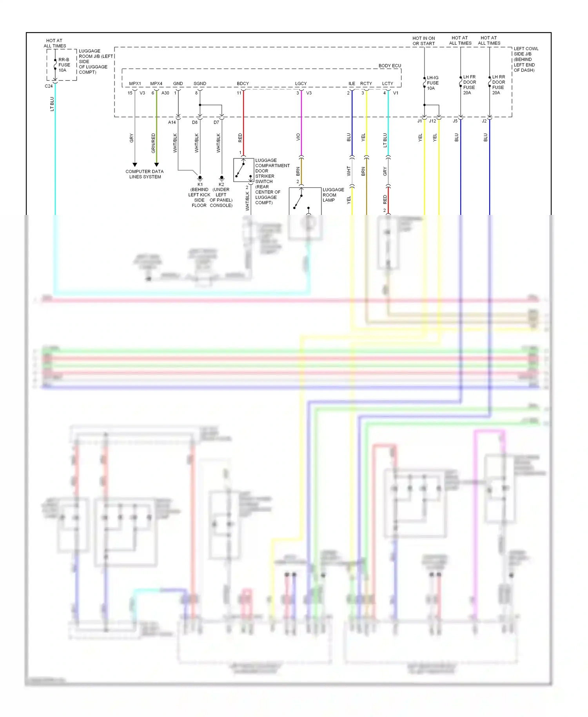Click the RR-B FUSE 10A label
click(64, 65)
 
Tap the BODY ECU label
click(390, 66)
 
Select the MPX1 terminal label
click(135, 84)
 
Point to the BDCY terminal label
click(243, 84)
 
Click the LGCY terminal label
click(301, 84)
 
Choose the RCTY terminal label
click(366, 84)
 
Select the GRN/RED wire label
click(153, 143)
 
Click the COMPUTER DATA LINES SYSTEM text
click(145, 174)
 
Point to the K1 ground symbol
click(200, 178)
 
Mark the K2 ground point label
click(221, 184)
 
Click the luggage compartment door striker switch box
click(243, 170)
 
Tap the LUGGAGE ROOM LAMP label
click(333, 195)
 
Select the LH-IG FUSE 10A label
click(432, 83)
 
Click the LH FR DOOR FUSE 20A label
click(469, 85)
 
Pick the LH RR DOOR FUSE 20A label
click(498, 85)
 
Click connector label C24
click(49, 86)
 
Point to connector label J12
click(432, 121)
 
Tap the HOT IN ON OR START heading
click(423, 41)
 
